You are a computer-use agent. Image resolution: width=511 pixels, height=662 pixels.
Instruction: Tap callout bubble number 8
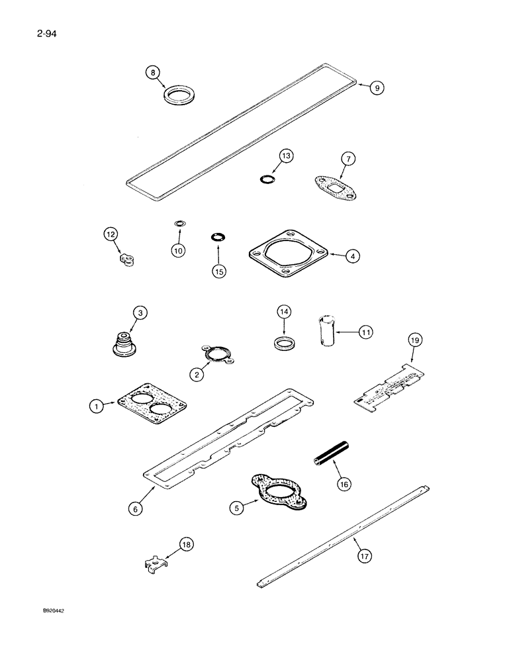coord(154,73)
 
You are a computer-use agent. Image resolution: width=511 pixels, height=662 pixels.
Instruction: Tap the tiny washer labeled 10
coord(179,224)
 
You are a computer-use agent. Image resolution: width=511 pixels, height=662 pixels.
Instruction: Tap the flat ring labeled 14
coord(284,344)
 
